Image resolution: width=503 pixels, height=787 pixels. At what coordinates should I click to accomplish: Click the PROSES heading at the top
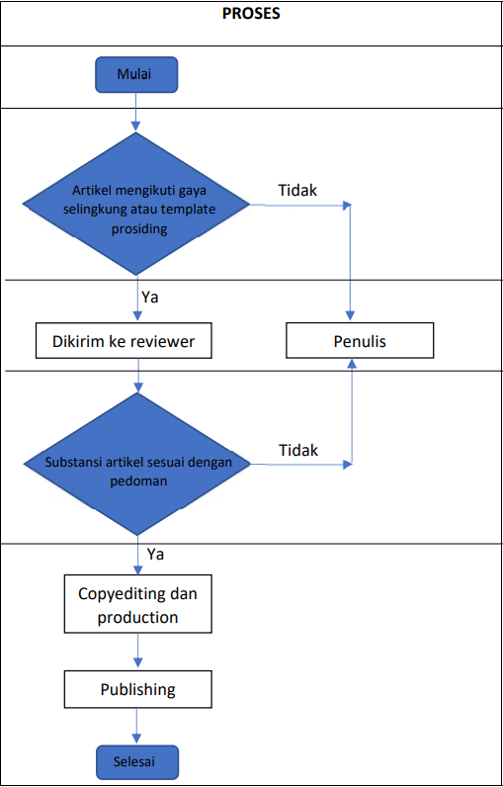[251, 14]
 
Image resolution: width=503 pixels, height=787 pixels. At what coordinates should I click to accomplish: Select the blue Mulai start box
[136, 75]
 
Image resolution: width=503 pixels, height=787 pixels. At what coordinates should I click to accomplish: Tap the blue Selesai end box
[136, 761]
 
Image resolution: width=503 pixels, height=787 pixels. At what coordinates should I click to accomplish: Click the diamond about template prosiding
[136, 205]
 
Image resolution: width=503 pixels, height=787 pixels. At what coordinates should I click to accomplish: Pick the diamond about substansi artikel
[136, 465]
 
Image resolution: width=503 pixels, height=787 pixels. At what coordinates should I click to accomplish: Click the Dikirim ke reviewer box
[124, 342]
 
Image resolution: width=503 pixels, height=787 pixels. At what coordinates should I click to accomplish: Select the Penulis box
[360, 342]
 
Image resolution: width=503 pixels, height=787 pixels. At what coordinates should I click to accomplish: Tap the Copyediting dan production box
[138, 604]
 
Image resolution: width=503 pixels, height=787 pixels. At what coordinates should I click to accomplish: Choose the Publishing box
[138, 689]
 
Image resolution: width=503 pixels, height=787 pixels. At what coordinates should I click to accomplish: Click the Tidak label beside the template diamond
[297, 191]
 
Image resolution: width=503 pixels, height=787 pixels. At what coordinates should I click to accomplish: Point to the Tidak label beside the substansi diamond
[297, 450]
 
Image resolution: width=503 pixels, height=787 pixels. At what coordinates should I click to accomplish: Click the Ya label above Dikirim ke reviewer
[150, 298]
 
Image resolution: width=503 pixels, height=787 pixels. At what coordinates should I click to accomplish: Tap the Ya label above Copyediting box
[155, 555]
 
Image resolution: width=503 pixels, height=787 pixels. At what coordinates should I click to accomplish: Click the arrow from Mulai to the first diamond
[136, 113]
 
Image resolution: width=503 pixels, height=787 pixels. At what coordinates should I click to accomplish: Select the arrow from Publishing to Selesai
[137, 726]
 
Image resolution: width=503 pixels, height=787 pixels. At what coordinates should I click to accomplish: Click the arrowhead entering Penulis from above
[351, 315]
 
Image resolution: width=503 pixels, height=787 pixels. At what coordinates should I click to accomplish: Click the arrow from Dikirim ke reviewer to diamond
[138, 375]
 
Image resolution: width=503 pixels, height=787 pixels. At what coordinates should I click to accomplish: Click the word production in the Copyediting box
[138, 616]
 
